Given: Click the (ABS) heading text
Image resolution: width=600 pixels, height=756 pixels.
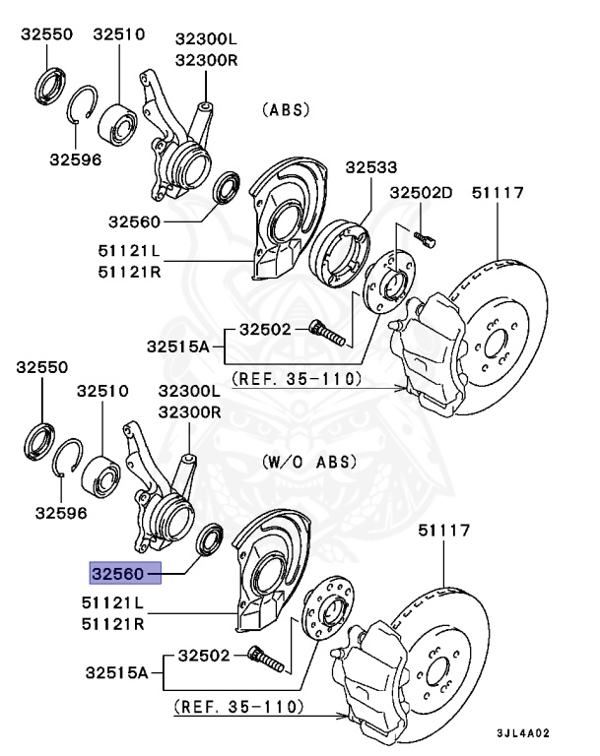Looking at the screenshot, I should [x=288, y=110].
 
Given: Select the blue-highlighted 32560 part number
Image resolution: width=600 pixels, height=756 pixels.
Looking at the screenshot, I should [x=117, y=571].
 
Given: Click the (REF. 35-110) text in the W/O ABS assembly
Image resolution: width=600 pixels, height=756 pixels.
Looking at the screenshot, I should [x=239, y=707].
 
